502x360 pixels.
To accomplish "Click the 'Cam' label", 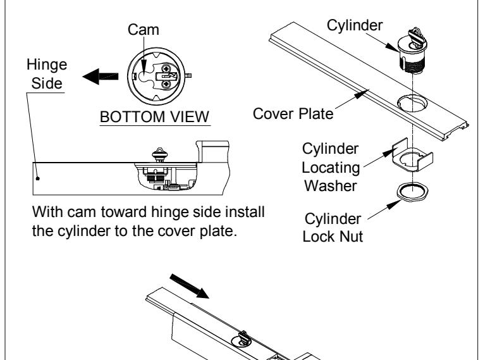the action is click(143, 30).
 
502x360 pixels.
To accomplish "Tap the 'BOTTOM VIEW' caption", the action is click(155, 117).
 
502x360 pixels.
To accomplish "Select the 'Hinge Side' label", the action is click(47, 74).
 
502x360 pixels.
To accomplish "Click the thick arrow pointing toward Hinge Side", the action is click(101, 77).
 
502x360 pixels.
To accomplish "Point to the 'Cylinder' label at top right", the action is click(355, 25).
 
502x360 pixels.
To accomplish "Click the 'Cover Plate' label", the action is click(293, 114).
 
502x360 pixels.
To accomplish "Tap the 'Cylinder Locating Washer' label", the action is click(331, 167).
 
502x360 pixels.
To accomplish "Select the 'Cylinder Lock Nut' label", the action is click(333, 228).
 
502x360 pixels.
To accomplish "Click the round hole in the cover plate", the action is click(412, 103).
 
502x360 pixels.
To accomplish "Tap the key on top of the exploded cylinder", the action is click(417, 37).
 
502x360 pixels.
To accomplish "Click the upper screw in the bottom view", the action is click(166, 68).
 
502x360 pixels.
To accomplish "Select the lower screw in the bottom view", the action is click(166, 84).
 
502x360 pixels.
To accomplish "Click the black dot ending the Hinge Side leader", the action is click(37, 178).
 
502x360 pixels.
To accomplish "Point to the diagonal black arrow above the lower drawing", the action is click(189, 286).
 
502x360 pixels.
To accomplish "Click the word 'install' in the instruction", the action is click(245, 212).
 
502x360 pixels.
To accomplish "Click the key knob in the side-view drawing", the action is click(159, 155).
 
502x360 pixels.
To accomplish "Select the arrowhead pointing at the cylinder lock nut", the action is click(394, 204).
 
